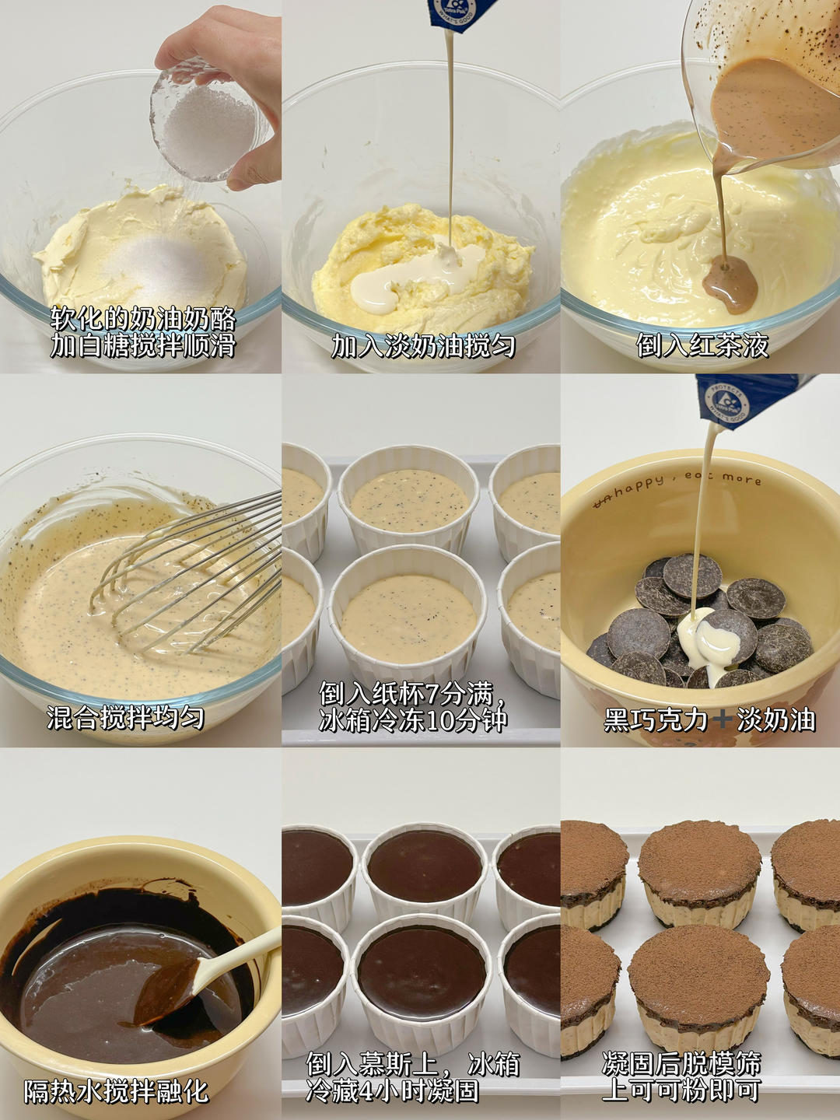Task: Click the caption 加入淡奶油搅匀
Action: tap(423, 346)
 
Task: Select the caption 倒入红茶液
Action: tap(702, 346)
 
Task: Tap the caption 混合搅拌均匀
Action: tap(125, 719)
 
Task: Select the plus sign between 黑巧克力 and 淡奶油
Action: tap(723, 720)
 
